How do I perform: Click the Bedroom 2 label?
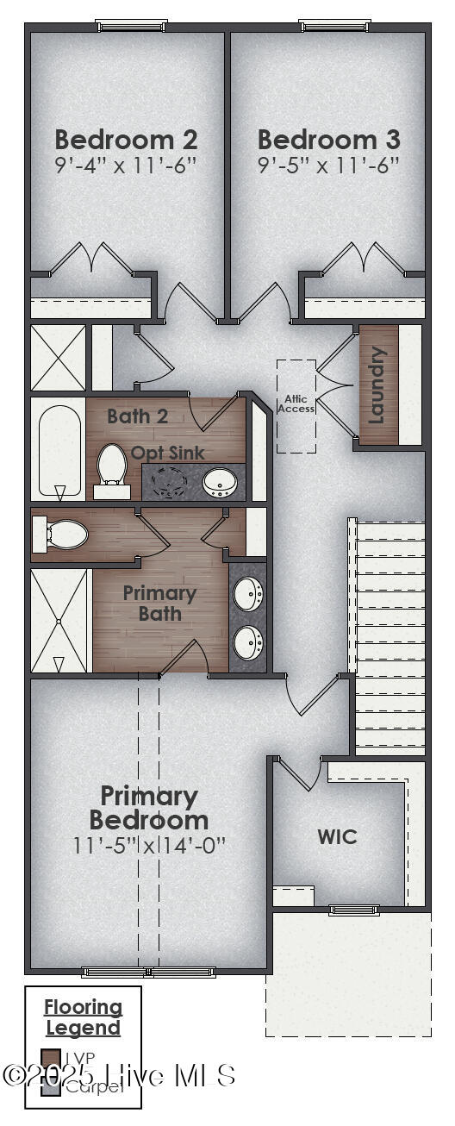tap(126, 140)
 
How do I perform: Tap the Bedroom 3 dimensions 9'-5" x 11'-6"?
tap(328, 165)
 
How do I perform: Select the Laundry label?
tap(377, 385)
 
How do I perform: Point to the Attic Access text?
tap(296, 403)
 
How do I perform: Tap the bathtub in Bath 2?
tap(59, 448)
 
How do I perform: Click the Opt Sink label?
tap(167, 452)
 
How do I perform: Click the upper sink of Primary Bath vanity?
tap(248, 594)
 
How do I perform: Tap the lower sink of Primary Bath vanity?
tap(248, 641)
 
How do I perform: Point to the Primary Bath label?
tap(159, 604)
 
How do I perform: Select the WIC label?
tap(337, 836)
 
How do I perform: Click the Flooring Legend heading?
tap(84, 1017)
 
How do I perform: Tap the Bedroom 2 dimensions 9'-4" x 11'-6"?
tap(126, 165)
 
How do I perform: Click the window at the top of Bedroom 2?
tap(131, 27)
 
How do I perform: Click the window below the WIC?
tap(353, 909)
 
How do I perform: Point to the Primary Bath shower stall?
tap(59, 622)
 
